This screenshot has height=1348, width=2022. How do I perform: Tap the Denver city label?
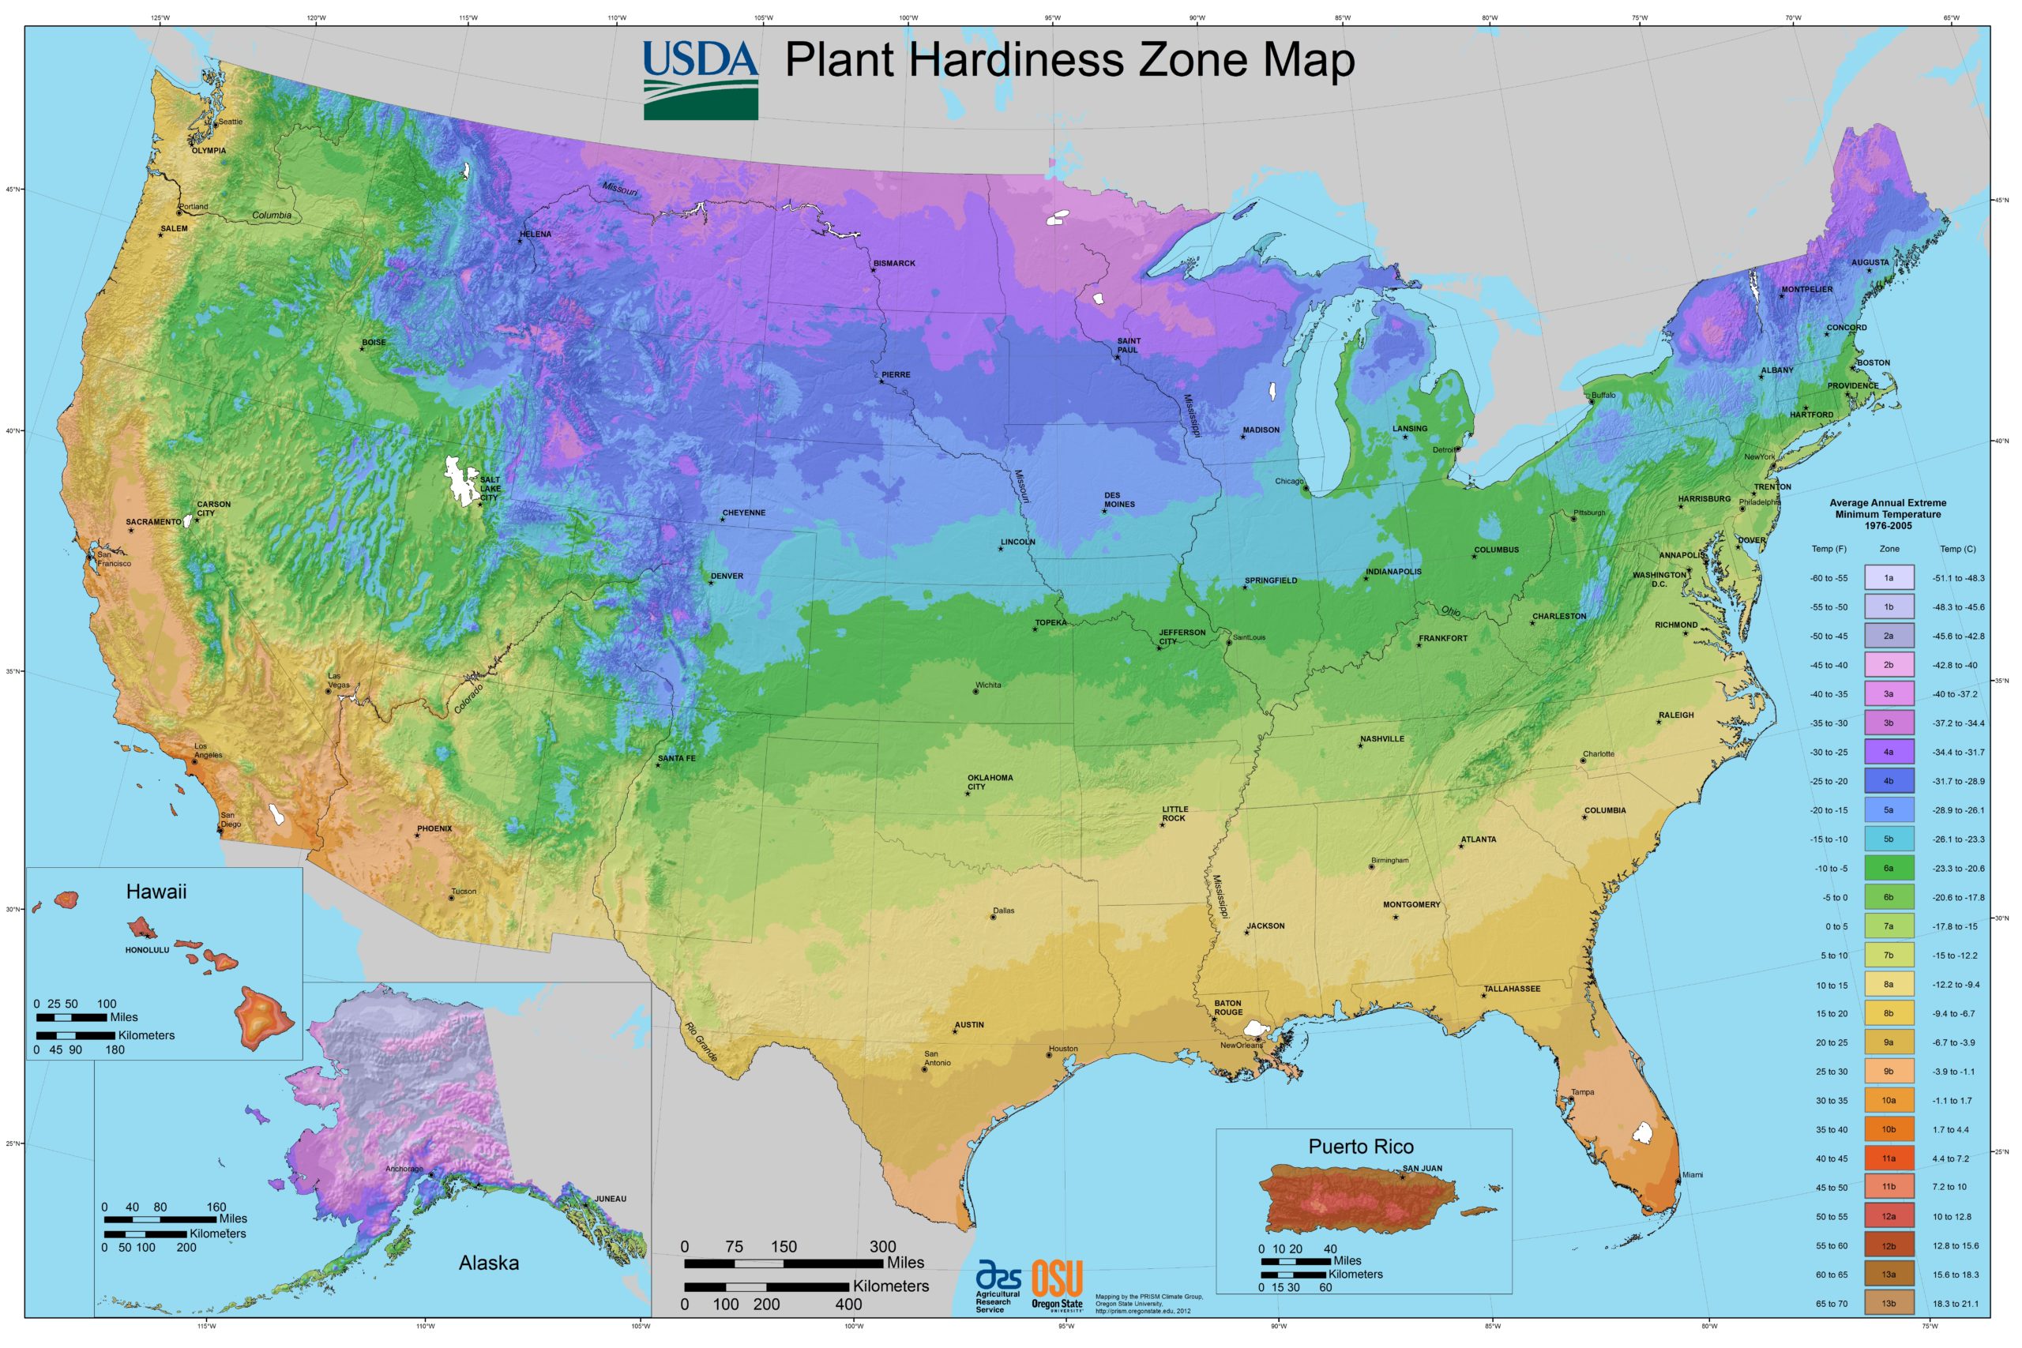pyautogui.click(x=727, y=576)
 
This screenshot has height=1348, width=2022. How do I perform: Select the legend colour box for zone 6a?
pyautogui.click(x=1888, y=869)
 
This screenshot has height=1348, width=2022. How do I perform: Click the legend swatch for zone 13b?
pyautogui.click(x=1888, y=1303)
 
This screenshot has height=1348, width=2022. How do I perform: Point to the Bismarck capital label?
pyautogui.click(x=894, y=263)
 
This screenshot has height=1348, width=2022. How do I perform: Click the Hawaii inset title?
pyautogui.click(x=156, y=892)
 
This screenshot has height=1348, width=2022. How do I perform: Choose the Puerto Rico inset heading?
pyautogui.click(x=1360, y=1146)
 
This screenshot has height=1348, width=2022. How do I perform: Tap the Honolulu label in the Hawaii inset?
pyautogui.click(x=147, y=950)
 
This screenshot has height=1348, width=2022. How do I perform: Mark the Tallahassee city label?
pyautogui.click(x=1511, y=989)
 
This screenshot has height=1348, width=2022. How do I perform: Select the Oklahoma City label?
pyautogui.click(x=990, y=782)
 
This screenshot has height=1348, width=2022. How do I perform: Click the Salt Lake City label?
pyautogui.click(x=490, y=488)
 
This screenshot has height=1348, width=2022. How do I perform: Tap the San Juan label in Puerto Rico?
pyautogui.click(x=1422, y=1168)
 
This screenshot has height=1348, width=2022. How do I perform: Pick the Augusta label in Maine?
pyautogui.click(x=1870, y=262)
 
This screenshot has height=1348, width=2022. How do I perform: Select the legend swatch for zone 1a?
pyautogui.click(x=1888, y=578)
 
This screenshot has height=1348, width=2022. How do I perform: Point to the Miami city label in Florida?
pyautogui.click(x=1692, y=1174)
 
